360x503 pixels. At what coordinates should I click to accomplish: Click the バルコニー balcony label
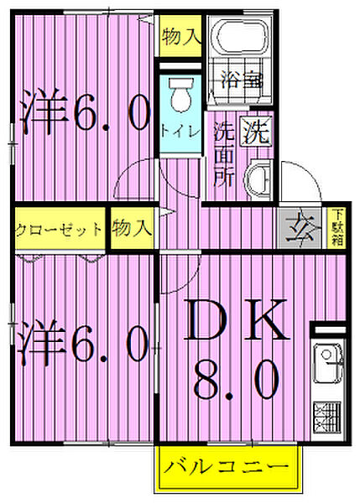[226, 465]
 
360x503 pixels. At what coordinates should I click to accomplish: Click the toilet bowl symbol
[179, 99]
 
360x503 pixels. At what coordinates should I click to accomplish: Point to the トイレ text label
[180, 131]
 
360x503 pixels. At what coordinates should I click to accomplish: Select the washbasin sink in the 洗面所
[258, 179]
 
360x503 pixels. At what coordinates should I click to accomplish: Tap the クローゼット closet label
[59, 229]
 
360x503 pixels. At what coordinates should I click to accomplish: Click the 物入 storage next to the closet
[132, 227]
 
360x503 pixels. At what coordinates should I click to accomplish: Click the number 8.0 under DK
[238, 381]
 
